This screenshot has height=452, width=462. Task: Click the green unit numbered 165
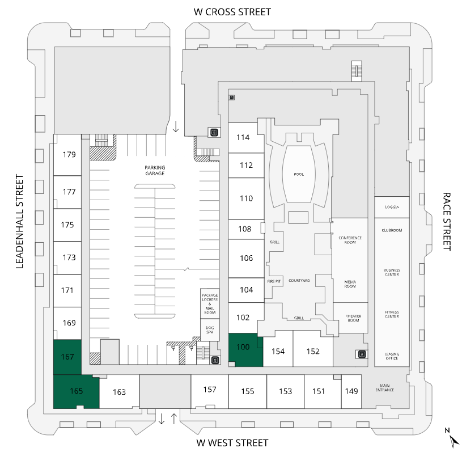[76, 391]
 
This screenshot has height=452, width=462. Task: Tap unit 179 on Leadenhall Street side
[69, 154]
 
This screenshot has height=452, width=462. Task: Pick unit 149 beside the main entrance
[351, 391]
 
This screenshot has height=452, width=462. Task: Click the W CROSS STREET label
[232, 11]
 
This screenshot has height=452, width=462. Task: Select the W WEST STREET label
[232, 442]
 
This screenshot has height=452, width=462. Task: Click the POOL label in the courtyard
[299, 174]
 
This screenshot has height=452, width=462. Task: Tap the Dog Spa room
[210, 330]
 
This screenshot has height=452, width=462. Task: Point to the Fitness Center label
[392, 314]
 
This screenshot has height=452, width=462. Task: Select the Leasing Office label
[392, 356]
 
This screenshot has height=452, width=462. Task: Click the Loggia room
[392, 207]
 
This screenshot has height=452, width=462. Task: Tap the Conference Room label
[350, 240]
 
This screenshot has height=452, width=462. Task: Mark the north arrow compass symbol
[452, 438]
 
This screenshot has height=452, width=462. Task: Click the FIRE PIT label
[274, 281]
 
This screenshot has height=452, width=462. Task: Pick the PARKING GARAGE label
[154, 170]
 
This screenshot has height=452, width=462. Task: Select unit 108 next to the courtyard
[245, 229]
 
